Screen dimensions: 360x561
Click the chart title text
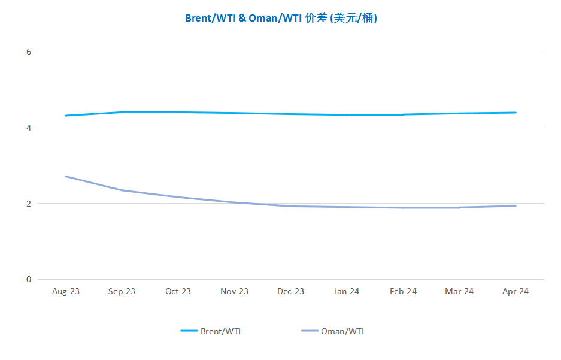pyautogui.click(x=281, y=18)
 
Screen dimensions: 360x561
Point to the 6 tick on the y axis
pyautogui.click(x=28, y=52)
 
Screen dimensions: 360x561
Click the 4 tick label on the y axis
pyautogui.click(x=28, y=128)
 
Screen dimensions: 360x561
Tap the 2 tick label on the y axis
pyautogui.click(x=28, y=204)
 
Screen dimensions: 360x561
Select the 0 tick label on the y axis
pyautogui.click(x=28, y=279)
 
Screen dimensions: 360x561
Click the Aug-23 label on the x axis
pyautogui.click(x=66, y=292)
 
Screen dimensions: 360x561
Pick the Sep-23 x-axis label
pyautogui.click(x=122, y=292)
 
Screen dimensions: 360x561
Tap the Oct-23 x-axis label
pyautogui.click(x=178, y=292)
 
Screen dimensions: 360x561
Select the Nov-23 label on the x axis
pyautogui.click(x=234, y=292)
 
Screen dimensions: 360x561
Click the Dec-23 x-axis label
pyautogui.click(x=290, y=292)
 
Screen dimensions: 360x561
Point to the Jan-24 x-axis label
pyautogui.click(x=347, y=292)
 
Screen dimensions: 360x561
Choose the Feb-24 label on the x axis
pyautogui.click(x=403, y=292)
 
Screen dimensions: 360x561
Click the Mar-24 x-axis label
pyautogui.click(x=459, y=292)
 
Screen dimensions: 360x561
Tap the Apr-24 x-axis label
pyautogui.click(x=515, y=292)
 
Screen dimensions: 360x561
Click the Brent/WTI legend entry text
pyautogui.click(x=221, y=331)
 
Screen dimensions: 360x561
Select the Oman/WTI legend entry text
pyautogui.click(x=342, y=331)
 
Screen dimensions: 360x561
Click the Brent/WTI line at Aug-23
pyautogui.click(x=66, y=116)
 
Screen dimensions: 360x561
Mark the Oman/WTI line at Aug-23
pyautogui.click(x=66, y=176)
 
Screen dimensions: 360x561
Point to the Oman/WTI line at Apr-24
pyautogui.click(x=515, y=206)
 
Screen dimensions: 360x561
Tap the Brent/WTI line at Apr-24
pyautogui.click(x=515, y=113)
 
